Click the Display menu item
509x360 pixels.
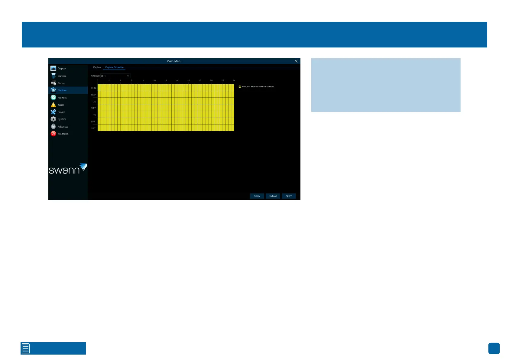(62, 69)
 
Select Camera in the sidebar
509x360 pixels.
(62, 76)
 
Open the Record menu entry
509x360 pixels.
(61, 83)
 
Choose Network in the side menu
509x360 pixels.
(62, 98)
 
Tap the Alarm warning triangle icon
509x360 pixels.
(53, 105)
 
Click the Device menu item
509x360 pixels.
(61, 112)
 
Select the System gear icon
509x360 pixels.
(53, 119)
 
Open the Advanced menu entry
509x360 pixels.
(63, 127)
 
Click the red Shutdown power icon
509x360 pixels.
(53, 134)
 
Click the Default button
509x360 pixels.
(273, 196)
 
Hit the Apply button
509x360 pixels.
(289, 196)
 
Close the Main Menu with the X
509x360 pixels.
(296, 61)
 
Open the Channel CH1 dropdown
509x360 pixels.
(115, 76)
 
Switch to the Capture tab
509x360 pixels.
(97, 67)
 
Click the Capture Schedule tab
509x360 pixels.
(114, 67)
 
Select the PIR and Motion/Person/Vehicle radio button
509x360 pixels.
(240, 87)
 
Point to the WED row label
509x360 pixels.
(94, 108)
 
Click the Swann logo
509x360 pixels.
(68, 169)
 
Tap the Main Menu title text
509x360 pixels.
(174, 61)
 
